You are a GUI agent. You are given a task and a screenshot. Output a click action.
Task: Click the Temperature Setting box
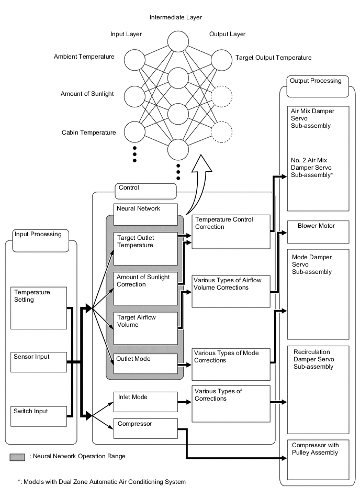[39, 307]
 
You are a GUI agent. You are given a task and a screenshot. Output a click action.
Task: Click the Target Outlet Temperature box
[145, 248]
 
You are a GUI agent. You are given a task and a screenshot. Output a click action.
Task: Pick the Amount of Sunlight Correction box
[145, 288]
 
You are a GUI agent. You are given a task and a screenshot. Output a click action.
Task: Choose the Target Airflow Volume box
[145, 328]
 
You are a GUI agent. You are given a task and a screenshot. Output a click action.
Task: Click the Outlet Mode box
[145, 363]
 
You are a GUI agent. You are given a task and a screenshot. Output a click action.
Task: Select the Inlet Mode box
[145, 402]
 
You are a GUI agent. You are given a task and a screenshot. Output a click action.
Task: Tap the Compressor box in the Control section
[145, 428]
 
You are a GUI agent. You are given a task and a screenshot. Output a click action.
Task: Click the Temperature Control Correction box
[231, 231]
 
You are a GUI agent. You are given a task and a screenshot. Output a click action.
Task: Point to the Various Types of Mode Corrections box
[231, 363]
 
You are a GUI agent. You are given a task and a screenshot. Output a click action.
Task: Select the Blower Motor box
[318, 231]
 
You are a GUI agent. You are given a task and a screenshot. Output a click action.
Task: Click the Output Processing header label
[316, 81]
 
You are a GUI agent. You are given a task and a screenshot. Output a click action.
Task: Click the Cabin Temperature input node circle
[133, 132]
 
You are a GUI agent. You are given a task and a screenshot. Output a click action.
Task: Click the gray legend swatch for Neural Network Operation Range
[17, 457]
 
